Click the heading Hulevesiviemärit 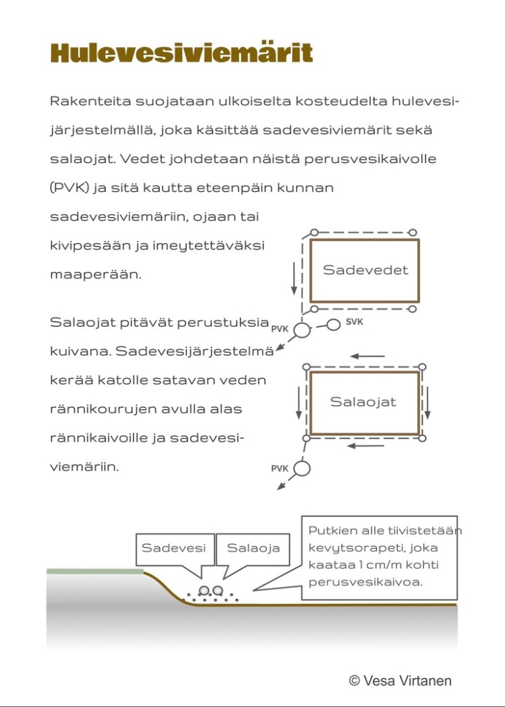(181, 53)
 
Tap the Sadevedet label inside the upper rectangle (365, 270)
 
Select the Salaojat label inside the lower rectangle (363, 402)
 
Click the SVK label (354, 322)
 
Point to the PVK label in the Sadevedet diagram (279, 329)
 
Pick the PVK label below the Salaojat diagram (279, 469)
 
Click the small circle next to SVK (333, 324)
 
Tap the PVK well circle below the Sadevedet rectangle (302, 330)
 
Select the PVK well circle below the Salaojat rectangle (302, 469)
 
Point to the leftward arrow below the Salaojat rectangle (365, 446)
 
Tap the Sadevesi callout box (174, 548)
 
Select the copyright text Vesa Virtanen (400, 681)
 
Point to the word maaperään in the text (95, 274)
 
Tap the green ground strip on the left (95, 572)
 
